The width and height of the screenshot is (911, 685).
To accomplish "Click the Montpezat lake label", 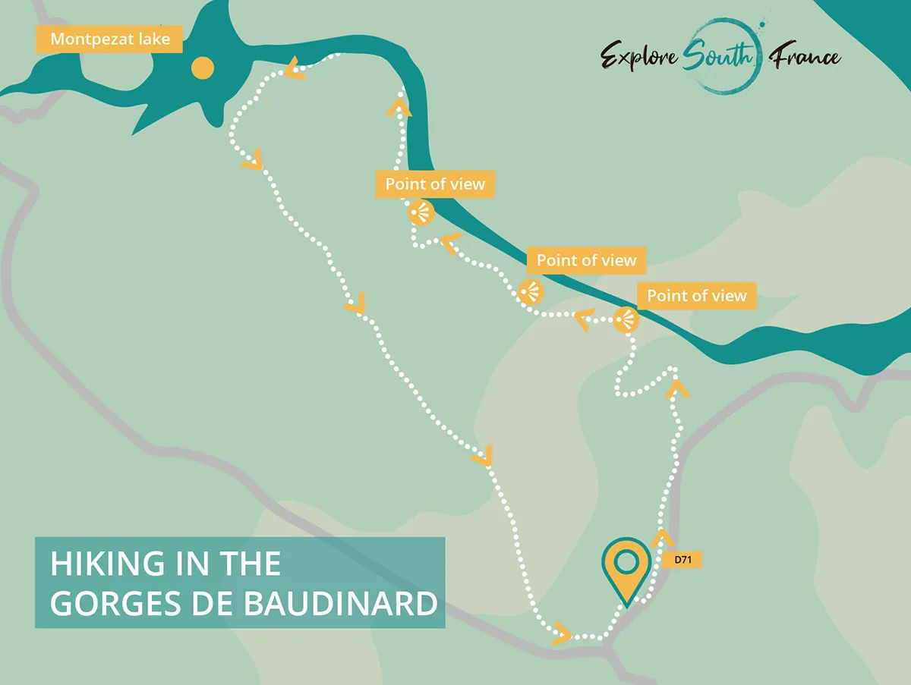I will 109,39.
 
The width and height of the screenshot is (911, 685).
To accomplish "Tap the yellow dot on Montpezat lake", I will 202,68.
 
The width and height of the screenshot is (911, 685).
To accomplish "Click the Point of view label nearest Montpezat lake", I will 435,184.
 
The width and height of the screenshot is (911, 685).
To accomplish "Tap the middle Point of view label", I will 586,260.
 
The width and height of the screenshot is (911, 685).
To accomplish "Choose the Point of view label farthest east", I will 697,295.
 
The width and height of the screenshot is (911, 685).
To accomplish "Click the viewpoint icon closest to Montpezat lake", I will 420,212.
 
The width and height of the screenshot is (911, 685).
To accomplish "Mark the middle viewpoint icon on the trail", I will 531,292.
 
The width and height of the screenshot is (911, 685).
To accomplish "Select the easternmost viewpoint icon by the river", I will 626,320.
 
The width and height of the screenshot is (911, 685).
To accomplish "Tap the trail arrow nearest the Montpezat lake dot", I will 294,71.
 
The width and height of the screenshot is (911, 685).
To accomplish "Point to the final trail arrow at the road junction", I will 563,633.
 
